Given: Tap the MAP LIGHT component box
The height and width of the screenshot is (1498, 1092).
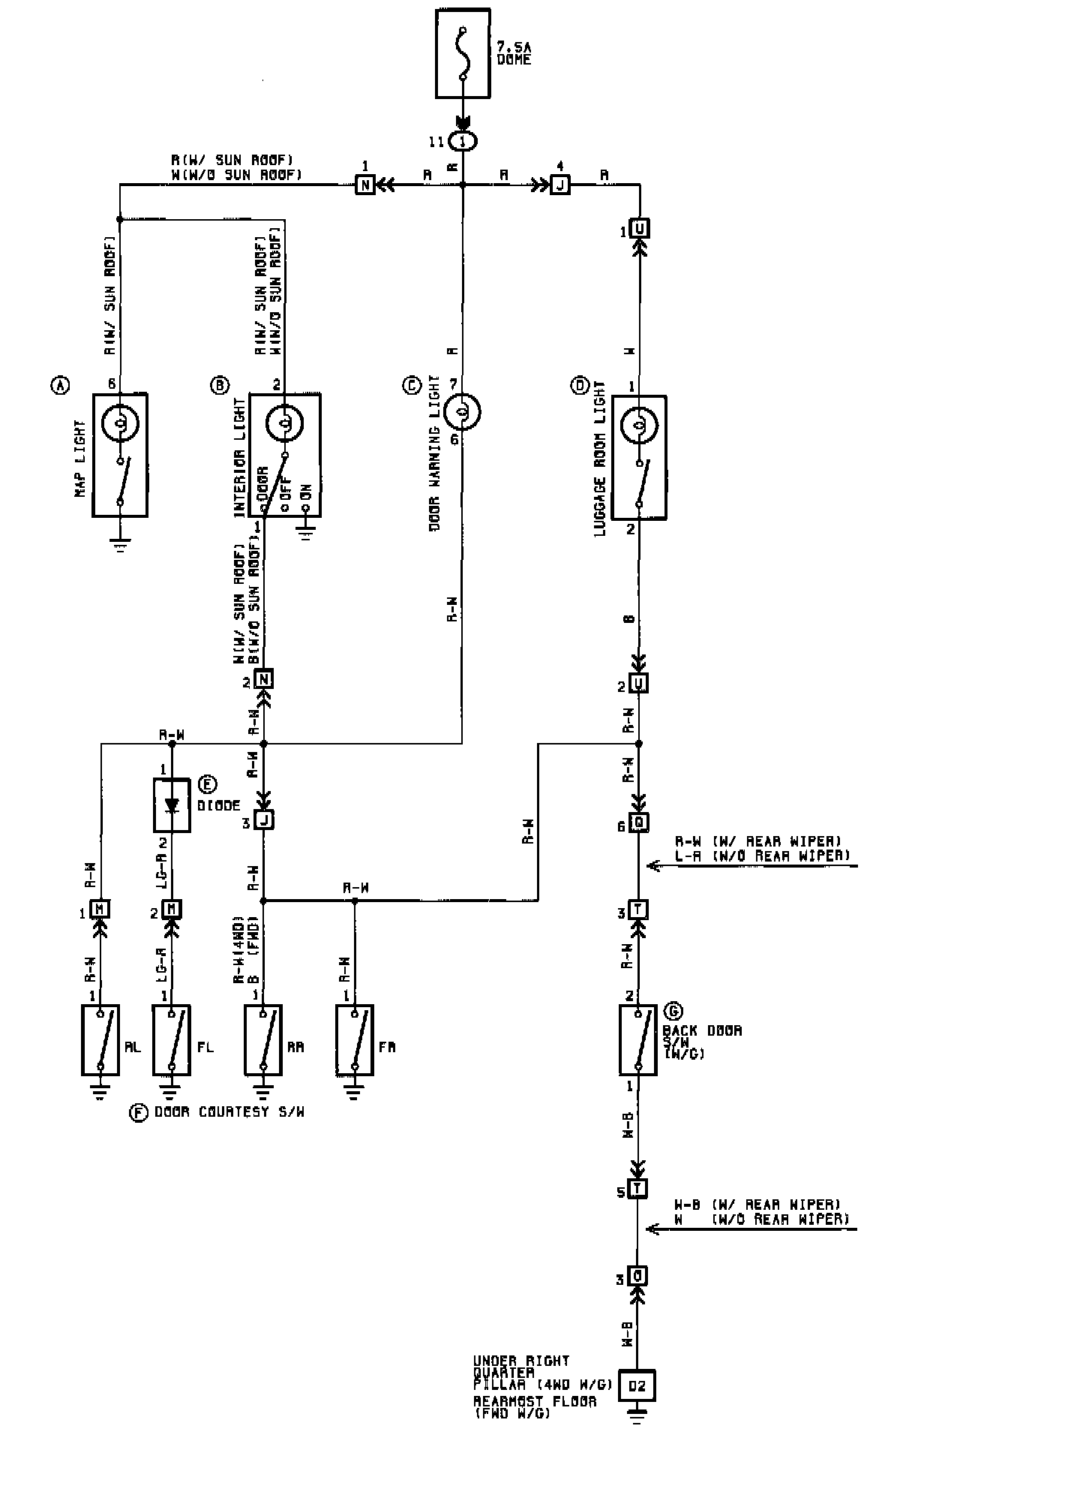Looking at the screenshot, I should pyautogui.click(x=120, y=455).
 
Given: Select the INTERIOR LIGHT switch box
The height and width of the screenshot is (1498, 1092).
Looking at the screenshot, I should pyautogui.click(x=285, y=455).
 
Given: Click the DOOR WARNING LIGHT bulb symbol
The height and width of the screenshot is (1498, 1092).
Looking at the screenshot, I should pyautogui.click(x=462, y=411).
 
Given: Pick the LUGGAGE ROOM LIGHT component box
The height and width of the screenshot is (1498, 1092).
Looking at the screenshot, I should pyautogui.click(x=639, y=457).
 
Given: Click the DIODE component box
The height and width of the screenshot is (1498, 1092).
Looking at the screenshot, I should pyautogui.click(x=172, y=805).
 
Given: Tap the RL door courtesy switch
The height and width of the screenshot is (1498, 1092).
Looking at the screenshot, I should pyautogui.click(x=100, y=1040).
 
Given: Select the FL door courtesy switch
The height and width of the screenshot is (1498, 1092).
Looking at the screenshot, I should pyautogui.click(x=172, y=1040).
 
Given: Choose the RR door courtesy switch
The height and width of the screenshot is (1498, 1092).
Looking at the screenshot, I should pyautogui.click(x=262, y=1040).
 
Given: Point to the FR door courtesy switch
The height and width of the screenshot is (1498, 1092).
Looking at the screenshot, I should pyautogui.click(x=355, y=1040).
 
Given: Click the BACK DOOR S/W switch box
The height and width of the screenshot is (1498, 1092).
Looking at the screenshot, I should pyautogui.click(x=637, y=1040).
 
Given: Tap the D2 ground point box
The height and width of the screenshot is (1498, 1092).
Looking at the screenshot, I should pyautogui.click(x=637, y=1385).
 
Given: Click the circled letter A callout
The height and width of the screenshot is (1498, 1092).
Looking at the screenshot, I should pyautogui.click(x=59, y=386).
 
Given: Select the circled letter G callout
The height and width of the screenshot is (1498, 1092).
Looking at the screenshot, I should pyautogui.click(x=673, y=1011).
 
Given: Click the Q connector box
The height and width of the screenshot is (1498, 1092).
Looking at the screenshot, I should pyautogui.click(x=638, y=823).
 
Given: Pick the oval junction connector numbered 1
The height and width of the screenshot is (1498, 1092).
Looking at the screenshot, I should pyautogui.click(x=462, y=141).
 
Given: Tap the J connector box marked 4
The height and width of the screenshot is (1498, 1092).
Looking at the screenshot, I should pyautogui.click(x=559, y=184).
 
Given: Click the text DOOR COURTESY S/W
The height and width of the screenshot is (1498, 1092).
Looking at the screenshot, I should pyautogui.click(x=229, y=1112).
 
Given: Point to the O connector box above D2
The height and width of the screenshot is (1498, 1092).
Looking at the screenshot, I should pyautogui.click(x=637, y=1276).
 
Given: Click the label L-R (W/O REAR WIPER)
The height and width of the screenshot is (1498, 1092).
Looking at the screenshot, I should pyautogui.click(x=763, y=856).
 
